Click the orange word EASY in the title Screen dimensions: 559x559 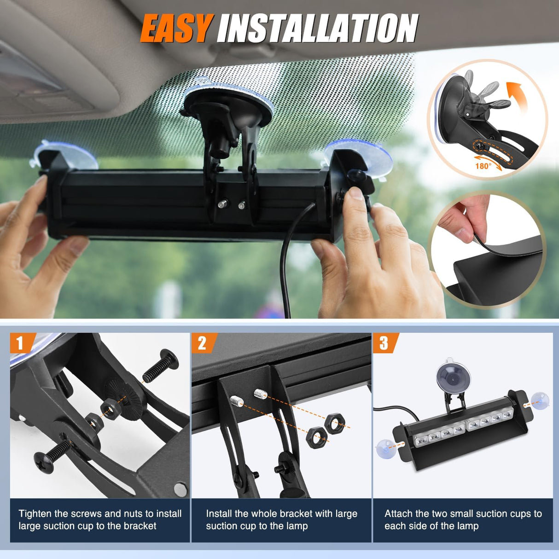(175, 29)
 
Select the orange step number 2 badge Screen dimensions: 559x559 (204, 343)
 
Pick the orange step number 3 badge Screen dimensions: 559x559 (385, 343)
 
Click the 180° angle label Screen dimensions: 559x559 (483, 166)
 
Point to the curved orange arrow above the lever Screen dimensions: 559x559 (516, 97)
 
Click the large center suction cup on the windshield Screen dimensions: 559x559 (228, 105)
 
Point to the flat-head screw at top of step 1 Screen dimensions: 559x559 (160, 363)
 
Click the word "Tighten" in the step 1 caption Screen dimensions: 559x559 (35, 514)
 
